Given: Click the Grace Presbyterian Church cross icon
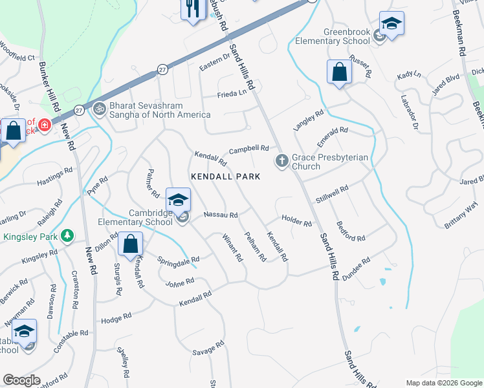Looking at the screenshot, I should [281, 160].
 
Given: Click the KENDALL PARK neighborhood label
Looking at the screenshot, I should [225, 177].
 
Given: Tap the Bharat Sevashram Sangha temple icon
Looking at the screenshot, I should [100, 110].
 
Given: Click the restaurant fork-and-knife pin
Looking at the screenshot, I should [193, 9].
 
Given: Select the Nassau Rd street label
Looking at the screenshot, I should [221, 215].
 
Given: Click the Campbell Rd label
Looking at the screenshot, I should [248, 149].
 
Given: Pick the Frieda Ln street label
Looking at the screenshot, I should [234, 92].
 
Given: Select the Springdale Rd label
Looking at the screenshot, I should [178, 260].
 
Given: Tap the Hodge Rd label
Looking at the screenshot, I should [116, 318].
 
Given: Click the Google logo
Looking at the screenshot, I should [21, 380].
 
